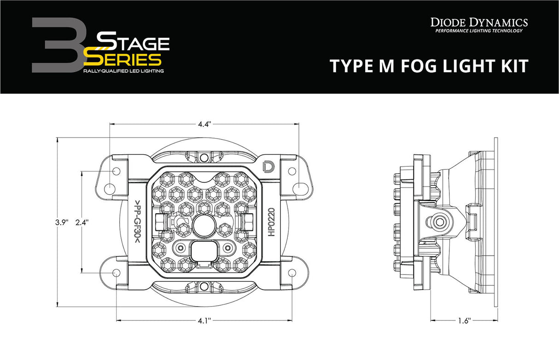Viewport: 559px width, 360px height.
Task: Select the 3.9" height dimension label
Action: tap(62, 222)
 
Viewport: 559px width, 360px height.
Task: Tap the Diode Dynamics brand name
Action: tap(479, 22)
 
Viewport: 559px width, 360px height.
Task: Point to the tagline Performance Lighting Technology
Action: tap(479, 31)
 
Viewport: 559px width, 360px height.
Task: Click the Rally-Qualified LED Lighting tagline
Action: tap(123, 72)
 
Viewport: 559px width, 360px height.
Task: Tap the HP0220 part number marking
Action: tap(271, 222)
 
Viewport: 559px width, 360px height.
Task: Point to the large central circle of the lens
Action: tap(204, 226)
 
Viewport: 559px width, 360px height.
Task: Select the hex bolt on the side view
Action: tap(439, 222)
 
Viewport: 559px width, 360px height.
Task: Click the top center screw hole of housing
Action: tap(204, 157)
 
